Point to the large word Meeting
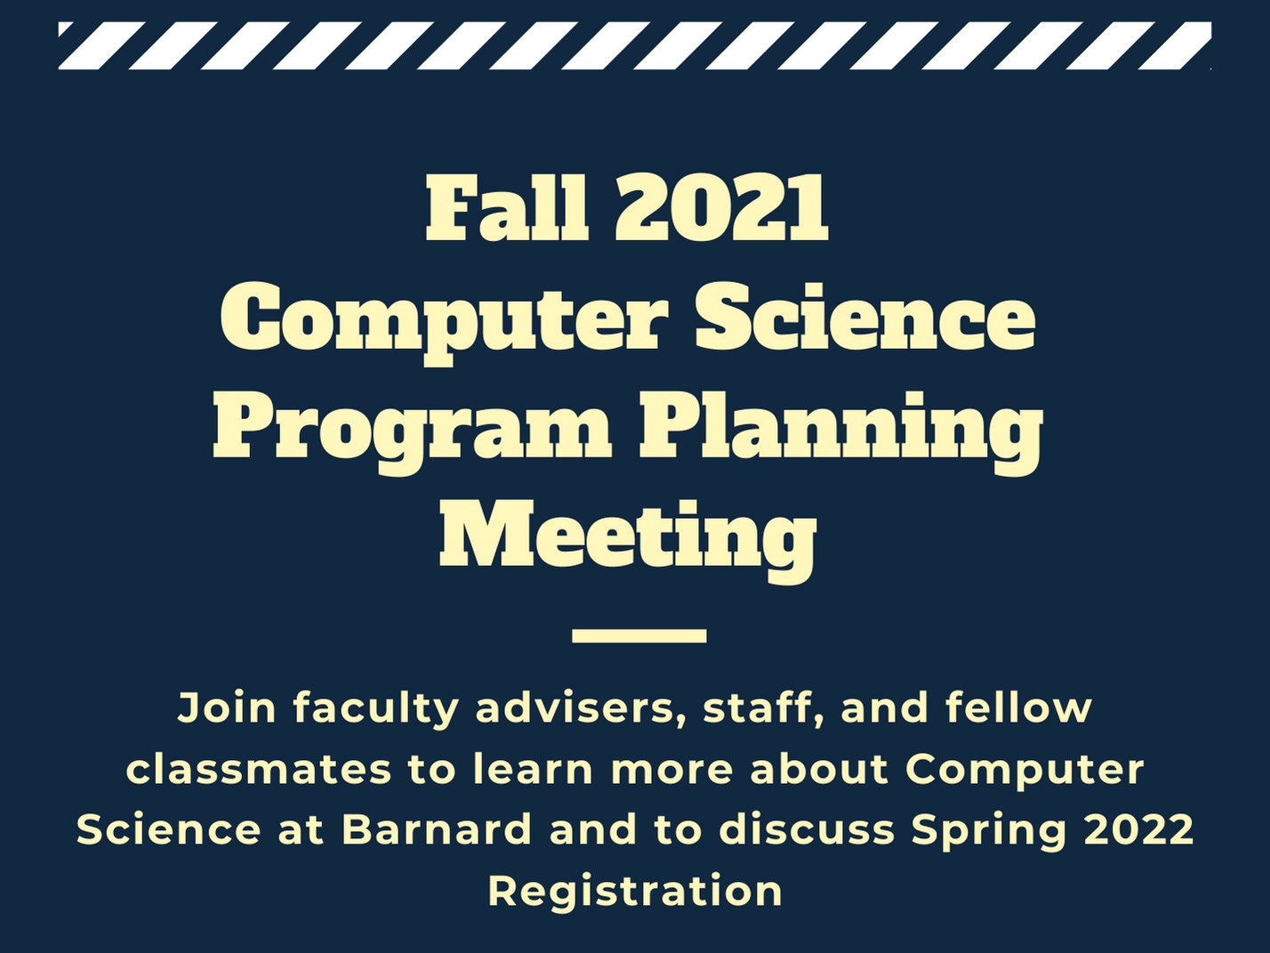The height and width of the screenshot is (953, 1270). click(628, 536)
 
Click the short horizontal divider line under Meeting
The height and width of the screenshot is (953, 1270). click(639, 636)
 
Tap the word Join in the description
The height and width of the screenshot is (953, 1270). click(227, 709)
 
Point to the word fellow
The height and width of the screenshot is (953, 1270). click(1019, 708)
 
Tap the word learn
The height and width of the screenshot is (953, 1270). click(534, 770)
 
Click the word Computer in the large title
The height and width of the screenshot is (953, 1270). click(441, 322)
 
